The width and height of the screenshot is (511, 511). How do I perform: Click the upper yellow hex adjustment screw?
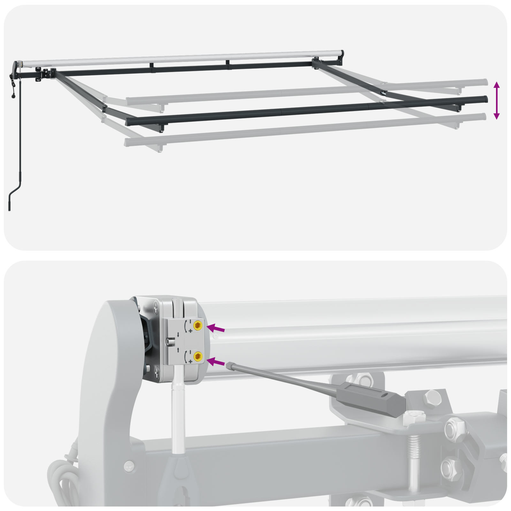[198, 325]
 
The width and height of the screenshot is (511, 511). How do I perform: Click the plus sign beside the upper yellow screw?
[190, 331]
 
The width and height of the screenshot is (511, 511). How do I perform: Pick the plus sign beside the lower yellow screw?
[190, 361]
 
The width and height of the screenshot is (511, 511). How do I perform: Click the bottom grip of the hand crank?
[9, 204]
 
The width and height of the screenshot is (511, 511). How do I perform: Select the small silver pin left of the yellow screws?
[170, 342]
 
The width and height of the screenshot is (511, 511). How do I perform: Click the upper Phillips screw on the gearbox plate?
[156, 309]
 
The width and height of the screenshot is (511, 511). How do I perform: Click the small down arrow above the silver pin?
[178, 334]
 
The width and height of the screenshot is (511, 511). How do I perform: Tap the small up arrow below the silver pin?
[178, 349]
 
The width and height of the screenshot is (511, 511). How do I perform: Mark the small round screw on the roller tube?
[216, 336]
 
